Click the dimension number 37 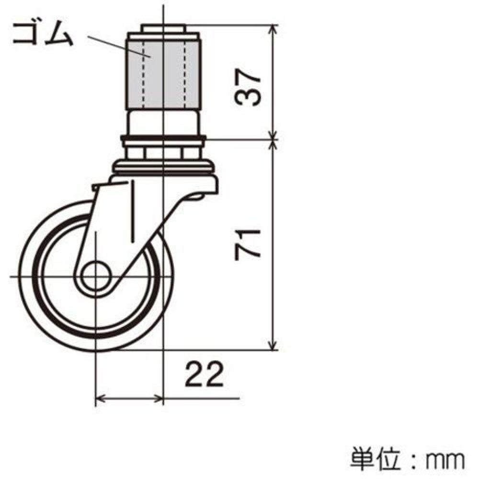[248, 87]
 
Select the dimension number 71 [248, 244]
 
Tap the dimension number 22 [205, 374]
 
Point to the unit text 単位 [375, 458]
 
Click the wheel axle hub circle [96, 277]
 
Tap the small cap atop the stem [163, 29]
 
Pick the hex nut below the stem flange [163, 153]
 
